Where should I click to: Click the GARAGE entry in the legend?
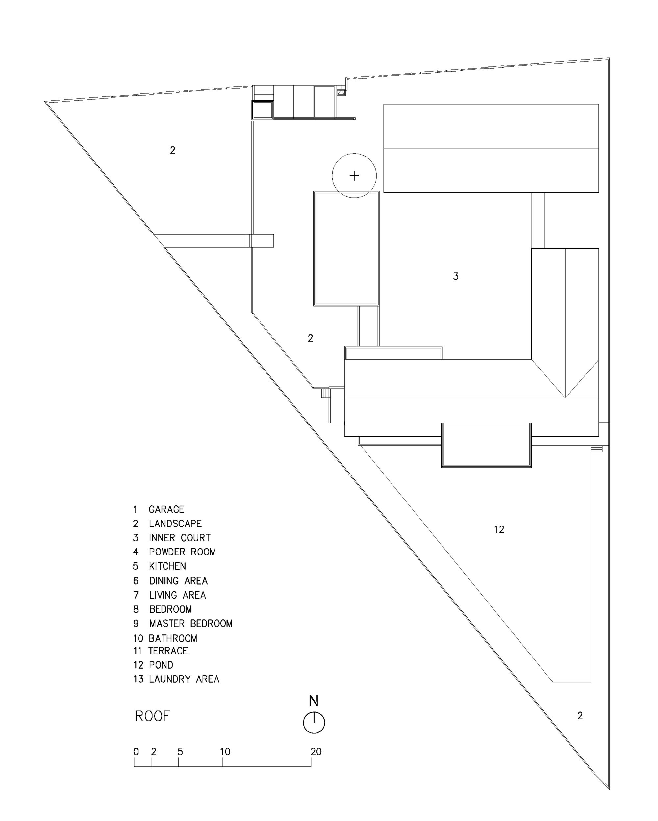(166, 509)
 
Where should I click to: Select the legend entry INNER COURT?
(179, 538)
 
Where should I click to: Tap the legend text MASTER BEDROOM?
(190, 623)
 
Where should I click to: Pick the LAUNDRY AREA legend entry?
(184, 679)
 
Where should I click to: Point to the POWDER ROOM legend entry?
(182, 552)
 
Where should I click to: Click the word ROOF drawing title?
(152, 716)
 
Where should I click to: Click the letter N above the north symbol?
(314, 701)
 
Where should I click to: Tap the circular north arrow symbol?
(314, 722)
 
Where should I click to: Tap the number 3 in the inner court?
(455, 276)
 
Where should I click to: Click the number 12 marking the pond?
(499, 529)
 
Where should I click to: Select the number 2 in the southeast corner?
(580, 716)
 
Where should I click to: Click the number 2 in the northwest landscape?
(172, 150)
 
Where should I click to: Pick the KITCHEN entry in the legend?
(167, 566)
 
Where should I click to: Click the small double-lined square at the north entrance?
(262, 111)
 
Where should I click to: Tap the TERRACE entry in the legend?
(168, 651)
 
